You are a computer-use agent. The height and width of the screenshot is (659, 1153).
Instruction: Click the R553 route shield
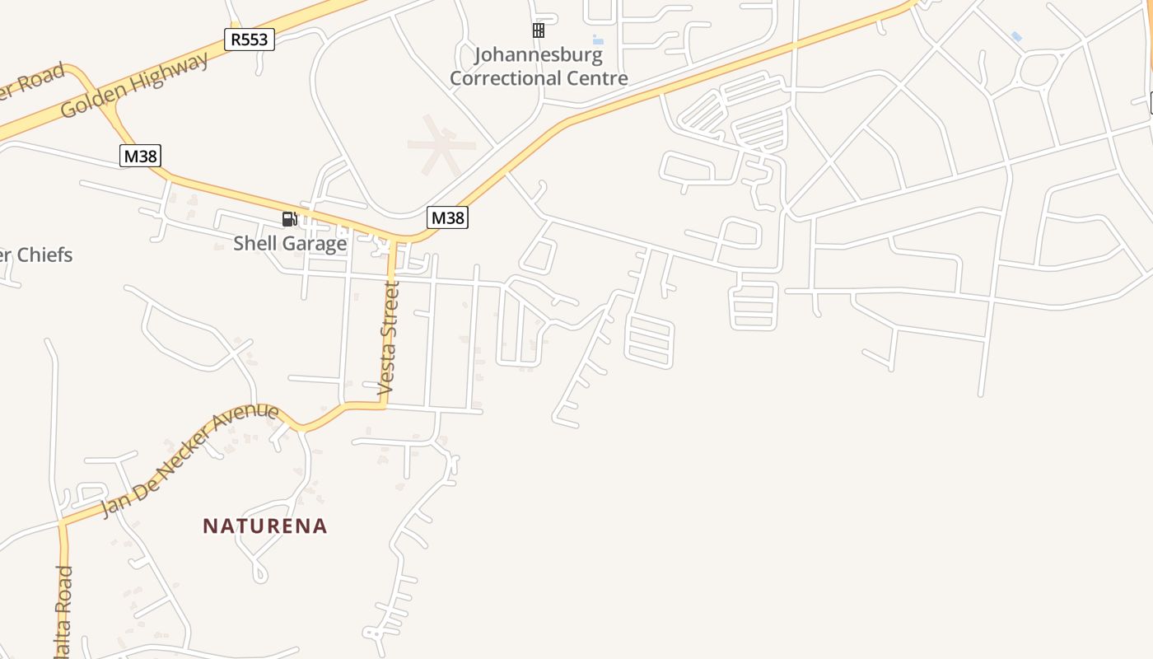click(x=249, y=39)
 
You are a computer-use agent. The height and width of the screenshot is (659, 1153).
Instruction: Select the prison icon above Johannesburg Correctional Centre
click(x=538, y=30)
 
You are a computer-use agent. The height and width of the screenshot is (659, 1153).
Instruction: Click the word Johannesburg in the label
click(x=539, y=56)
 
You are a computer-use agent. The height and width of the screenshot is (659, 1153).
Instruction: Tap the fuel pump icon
click(x=289, y=218)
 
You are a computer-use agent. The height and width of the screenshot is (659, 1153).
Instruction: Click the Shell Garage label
click(x=290, y=243)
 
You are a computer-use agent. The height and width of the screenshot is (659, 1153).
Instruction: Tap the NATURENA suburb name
click(x=265, y=526)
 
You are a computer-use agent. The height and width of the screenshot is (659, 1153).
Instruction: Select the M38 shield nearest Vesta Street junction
click(x=447, y=217)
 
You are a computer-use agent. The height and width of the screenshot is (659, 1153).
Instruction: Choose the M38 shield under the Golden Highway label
click(x=140, y=155)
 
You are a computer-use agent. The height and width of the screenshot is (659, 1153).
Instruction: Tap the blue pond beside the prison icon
click(x=598, y=40)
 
